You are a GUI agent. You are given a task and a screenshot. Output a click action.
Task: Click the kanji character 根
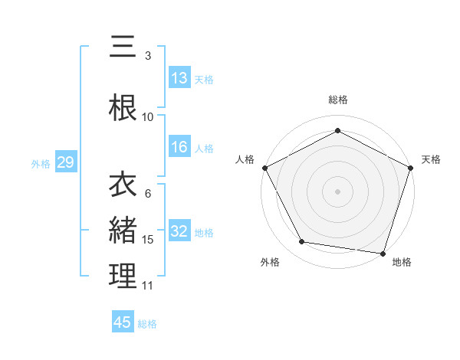(123, 107)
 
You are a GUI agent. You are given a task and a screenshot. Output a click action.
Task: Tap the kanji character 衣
(123, 185)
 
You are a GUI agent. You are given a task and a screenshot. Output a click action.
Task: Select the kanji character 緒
(123, 230)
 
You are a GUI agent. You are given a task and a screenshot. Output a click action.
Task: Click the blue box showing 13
(179, 79)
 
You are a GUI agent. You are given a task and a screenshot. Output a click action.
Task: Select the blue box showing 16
(179, 148)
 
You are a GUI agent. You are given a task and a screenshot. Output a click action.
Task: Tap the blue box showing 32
(179, 232)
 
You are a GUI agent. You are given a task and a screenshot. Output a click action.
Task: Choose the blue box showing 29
(65, 162)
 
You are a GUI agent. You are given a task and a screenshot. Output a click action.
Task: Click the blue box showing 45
(123, 322)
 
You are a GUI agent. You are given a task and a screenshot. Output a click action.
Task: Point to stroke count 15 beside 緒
(148, 240)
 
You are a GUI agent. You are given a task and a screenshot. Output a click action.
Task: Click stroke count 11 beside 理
(148, 286)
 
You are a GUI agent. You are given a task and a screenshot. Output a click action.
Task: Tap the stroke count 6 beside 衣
(148, 194)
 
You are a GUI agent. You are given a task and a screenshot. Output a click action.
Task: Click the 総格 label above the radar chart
(338, 100)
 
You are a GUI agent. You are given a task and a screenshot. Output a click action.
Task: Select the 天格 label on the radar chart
(431, 159)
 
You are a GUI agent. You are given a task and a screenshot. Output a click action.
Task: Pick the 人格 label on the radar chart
(245, 159)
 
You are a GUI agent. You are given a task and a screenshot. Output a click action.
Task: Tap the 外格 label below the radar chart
(270, 262)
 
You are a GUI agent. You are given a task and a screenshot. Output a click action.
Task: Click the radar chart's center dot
(338, 191)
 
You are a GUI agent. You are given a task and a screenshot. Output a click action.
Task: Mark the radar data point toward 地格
(383, 253)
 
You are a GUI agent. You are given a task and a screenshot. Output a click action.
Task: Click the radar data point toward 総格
(338, 131)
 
